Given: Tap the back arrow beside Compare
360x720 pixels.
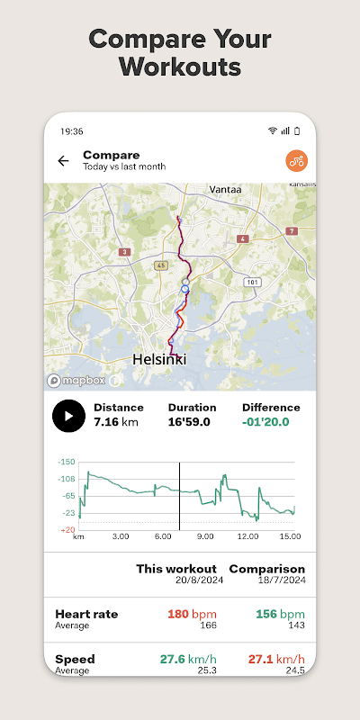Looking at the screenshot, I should point(63,161).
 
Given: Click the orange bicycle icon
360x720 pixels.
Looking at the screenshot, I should point(296,161).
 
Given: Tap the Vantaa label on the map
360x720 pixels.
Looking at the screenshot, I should point(225,190).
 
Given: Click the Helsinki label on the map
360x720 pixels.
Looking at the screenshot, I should point(159,358).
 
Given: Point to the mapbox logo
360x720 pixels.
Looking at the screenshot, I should point(76,380).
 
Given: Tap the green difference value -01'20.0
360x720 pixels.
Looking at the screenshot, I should point(265,421).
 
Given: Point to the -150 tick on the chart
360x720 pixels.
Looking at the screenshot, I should point(66,462).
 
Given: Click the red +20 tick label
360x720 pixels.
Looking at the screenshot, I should point(67,530).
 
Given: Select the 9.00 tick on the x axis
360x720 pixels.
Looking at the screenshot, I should point(205,536).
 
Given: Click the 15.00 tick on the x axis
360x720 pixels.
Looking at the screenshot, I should point(289,536).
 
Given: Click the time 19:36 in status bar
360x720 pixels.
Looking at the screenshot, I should point(72,130).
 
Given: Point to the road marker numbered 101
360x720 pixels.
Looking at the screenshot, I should point(253,282).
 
